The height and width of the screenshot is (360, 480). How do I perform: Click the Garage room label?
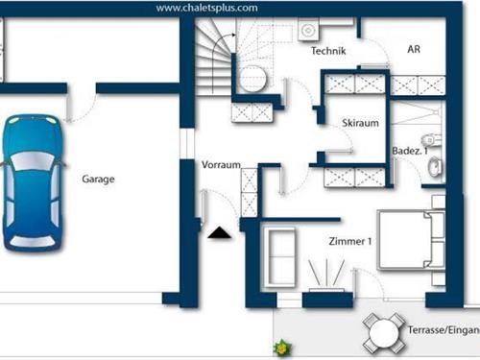pos(98,180)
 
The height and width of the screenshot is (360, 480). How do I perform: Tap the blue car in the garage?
pos(33,181)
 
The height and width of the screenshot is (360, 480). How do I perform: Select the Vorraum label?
pos(221,165)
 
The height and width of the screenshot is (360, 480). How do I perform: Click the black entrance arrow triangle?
pos(219,232)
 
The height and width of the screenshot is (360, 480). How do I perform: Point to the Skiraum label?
pos(360,123)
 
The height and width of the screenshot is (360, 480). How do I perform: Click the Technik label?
pos(328,51)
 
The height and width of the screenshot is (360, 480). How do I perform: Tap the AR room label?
pos(414,49)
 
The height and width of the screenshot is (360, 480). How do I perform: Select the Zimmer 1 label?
pos(350,241)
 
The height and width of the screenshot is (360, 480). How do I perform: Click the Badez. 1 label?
pos(410,151)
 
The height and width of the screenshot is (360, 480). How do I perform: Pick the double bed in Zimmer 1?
pos(411,239)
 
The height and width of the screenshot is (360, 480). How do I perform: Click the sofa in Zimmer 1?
pos(280,256)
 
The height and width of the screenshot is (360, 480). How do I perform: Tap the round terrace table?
pos(384,333)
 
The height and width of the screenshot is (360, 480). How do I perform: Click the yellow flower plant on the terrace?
pos(282,348)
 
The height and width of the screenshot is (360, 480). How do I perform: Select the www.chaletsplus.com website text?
pos(206,8)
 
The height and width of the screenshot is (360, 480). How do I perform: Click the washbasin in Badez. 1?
pos(435,166)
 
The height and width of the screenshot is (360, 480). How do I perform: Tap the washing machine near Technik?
pos(308,30)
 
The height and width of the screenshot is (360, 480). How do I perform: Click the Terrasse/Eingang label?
pos(444,330)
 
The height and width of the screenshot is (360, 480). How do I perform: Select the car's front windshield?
pos(33,160)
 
